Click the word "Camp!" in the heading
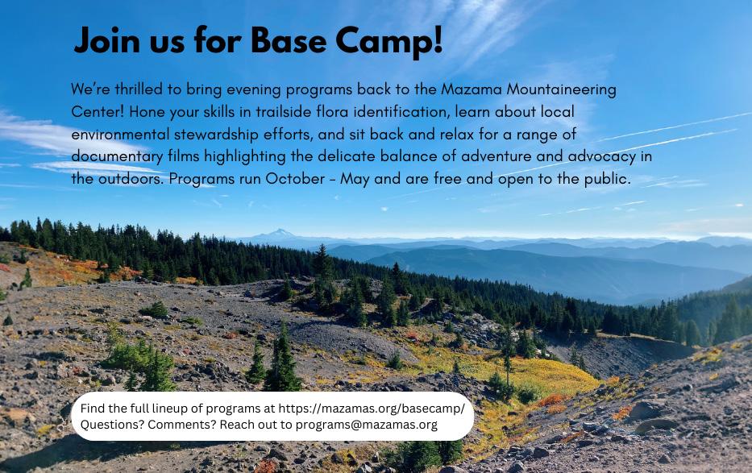388,41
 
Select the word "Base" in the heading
289,40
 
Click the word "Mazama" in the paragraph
471,89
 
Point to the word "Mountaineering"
561,89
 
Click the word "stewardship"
216,135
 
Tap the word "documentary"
118,156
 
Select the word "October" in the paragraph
295,179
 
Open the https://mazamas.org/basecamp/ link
372,409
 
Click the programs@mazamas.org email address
367,425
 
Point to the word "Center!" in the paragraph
98,112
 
